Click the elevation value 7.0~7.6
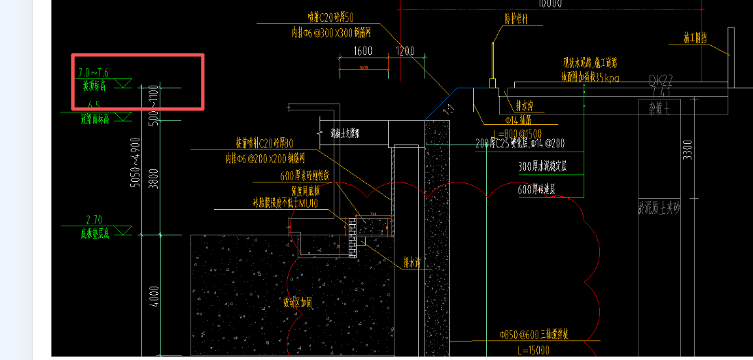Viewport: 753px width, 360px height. (x=93, y=72)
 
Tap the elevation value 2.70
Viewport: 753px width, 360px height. (x=94, y=220)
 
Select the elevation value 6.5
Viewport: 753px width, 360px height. (x=94, y=105)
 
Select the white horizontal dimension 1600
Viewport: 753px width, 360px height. (x=363, y=51)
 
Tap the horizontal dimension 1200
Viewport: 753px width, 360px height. (x=405, y=51)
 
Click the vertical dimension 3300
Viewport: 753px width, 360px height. (x=689, y=149)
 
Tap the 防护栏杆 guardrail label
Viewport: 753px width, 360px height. (x=516, y=19)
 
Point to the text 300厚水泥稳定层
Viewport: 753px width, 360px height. (x=547, y=167)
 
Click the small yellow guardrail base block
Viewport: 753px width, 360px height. (x=492, y=84)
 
